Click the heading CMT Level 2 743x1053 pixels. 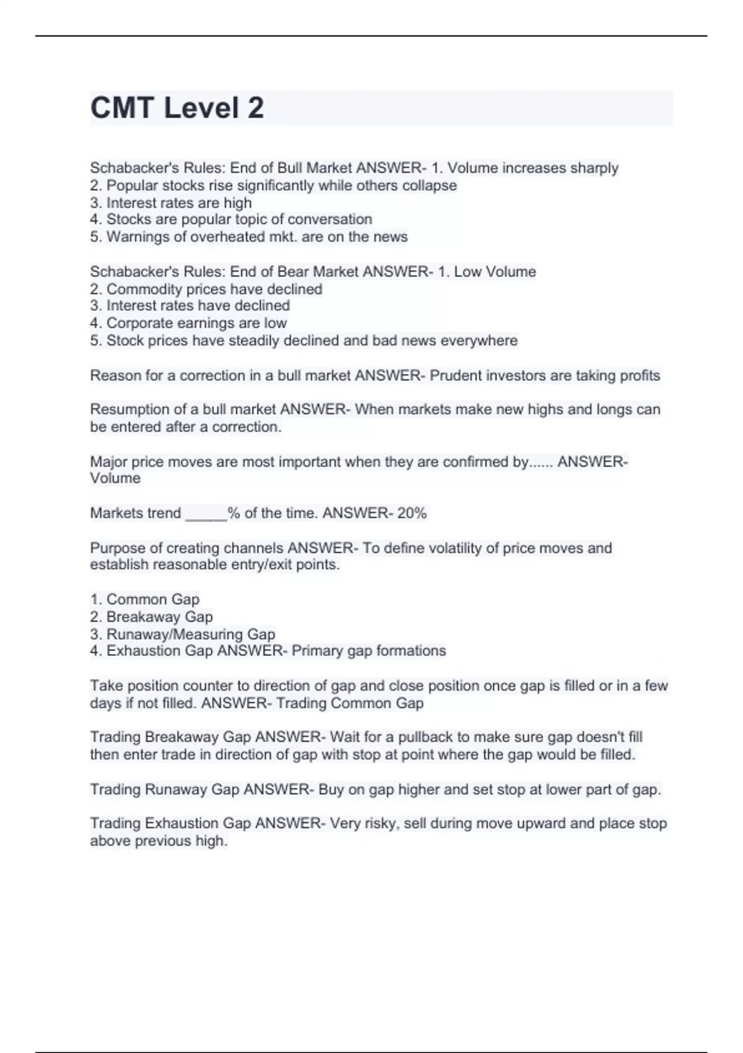tap(177, 108)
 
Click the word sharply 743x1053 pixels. tap(594, 168)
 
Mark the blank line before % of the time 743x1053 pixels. tap(206, 513)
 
